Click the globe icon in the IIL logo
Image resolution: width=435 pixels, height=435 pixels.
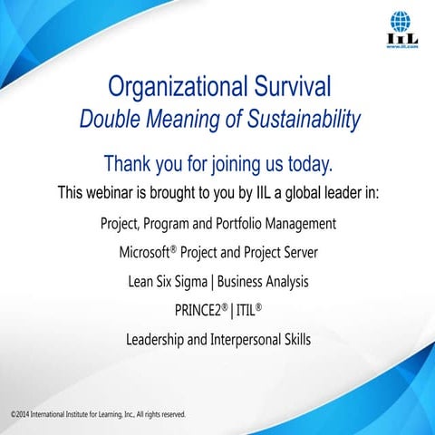point(399,20)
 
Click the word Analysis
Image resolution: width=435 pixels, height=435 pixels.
point(282,282)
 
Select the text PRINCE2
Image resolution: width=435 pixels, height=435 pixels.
point(199,312)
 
